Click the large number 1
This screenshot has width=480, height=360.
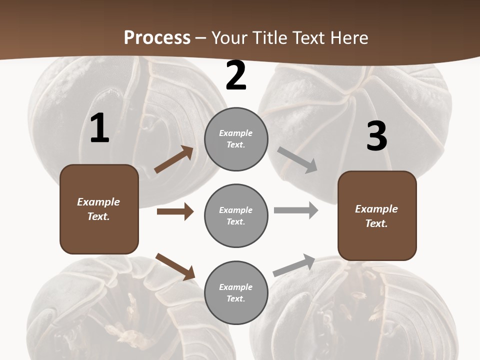click(x=99, y=128)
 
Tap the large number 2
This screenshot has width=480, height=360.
click(x=236, y=76)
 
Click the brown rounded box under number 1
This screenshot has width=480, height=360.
click(x=99, y=209)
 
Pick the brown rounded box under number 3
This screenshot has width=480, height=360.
click(x=377, y=216)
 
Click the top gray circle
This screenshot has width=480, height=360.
click(x=236, y=139)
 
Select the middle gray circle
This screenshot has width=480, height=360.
click(x=236, y=215)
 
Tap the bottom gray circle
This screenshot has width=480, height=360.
click(x=236, y=292)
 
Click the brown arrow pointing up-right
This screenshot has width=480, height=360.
click(x=174, y=159)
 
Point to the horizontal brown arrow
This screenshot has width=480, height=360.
click(x=175, y=211)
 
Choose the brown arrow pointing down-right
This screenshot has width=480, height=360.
click(x=175, y=266)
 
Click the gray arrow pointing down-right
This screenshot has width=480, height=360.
click(x=297, y=160)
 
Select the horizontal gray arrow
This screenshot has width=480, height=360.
click(x=296, y=210)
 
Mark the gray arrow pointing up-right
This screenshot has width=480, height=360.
click(x=294, y=265)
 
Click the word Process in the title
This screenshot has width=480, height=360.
click(x=157, y=37)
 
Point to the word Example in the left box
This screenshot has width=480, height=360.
click(x=98, y=202)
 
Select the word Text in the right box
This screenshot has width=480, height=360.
click(x=375, y=223)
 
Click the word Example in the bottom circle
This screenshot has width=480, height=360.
click(x=235, y=287)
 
